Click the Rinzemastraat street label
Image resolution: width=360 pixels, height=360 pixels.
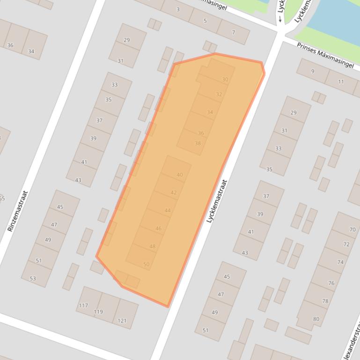18,211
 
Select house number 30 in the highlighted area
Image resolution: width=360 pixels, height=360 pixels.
225,79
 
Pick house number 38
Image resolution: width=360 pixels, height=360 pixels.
198,143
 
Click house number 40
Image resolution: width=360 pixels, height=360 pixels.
180,175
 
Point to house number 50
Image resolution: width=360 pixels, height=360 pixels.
146,264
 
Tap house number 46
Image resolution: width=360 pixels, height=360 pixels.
158,229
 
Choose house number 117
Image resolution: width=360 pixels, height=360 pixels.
83,305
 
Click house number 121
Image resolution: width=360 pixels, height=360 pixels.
122,320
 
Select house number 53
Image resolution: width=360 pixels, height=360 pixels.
32,278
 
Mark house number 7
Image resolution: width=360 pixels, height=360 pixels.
233,32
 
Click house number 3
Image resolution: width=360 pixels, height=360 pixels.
178,9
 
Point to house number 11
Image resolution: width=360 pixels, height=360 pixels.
340,82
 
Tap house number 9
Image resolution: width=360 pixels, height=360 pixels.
313,71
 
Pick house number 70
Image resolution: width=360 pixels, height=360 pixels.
352,230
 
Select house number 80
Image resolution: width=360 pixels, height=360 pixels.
316,319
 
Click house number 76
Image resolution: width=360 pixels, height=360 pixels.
331,283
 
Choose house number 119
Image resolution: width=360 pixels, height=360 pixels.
98,312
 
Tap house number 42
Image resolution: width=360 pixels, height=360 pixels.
174,193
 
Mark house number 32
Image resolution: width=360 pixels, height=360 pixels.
219,94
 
